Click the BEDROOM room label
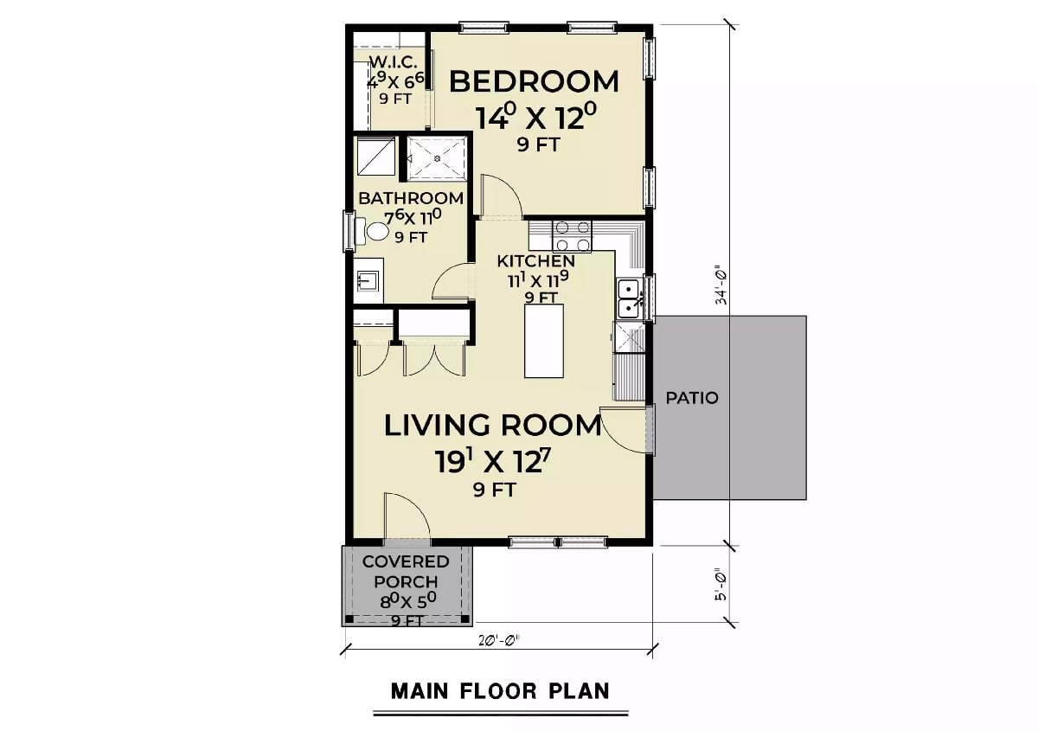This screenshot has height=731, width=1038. click(x=535, y=81)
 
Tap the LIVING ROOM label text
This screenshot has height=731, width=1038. click(x=492, y=425)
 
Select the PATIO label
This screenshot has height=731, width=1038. click(x=692, y=399)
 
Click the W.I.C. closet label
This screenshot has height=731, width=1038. click(x=394, y=62)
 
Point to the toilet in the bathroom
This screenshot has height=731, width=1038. click(x=376, y=232)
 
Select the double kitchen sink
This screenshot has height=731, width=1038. click(x=629, y=296)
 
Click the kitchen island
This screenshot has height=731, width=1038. click(x=543, y=340)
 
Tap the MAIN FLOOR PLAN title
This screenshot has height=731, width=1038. click(x=500, y=690)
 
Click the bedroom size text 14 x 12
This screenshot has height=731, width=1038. click(x=535, y=115)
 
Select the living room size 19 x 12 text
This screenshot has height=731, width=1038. click(x=492, y=460)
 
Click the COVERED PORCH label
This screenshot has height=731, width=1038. click(x=407, y=572)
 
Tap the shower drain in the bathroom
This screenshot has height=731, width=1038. click(x=437, y=158)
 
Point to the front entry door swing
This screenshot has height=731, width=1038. click(x=407, y=517)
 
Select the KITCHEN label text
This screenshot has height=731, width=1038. click(x=536, y=260)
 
